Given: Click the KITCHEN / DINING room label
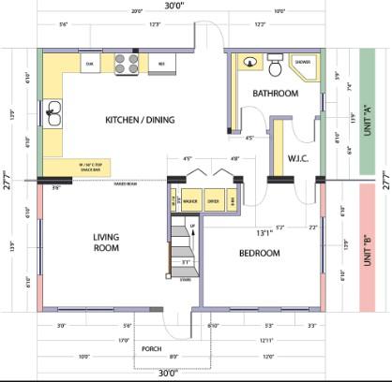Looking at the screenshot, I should (139, 120).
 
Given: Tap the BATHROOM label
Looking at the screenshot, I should (275, 94).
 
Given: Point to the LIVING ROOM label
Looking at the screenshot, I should (109, 243).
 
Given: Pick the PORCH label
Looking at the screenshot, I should (151, 349).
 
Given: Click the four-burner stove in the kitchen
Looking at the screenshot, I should (127, 64).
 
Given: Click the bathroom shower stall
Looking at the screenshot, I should (304, 66).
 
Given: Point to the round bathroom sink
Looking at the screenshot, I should (249, 64).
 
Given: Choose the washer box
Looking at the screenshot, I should (189, 200).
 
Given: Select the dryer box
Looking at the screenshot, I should (213, 200).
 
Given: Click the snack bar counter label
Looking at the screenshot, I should (78, 169).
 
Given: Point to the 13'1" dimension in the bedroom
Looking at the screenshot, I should (238, 233).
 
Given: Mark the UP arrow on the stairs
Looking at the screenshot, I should (192, 228).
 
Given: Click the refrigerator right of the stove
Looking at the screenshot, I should (162, 64).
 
